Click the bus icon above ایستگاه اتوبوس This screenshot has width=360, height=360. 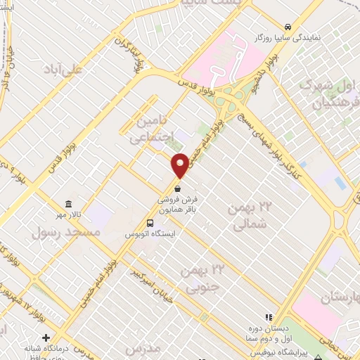coord(149,224)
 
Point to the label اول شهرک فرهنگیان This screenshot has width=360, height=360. coord(328,95)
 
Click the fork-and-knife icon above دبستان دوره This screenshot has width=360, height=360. coord(268,318)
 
